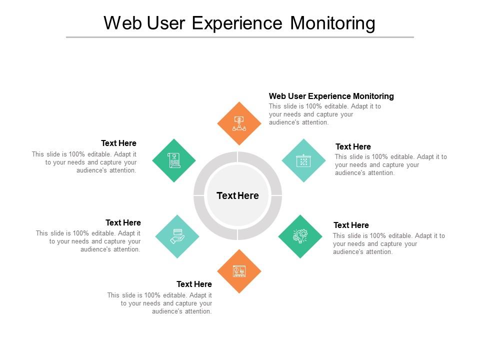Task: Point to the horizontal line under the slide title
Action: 240,37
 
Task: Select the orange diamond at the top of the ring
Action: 239,123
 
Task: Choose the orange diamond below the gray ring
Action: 239,271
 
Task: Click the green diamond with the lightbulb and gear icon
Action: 300,236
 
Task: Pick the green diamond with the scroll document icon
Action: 174,160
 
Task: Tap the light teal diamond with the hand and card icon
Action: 177,236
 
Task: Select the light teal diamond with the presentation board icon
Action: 303,160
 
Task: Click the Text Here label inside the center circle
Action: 237,195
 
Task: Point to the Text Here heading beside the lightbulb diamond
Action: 351,225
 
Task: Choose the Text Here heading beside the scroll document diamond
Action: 118,143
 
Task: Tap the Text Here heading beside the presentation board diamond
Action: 353,146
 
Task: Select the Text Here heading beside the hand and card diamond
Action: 123,222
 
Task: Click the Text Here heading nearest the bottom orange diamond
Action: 194,284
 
